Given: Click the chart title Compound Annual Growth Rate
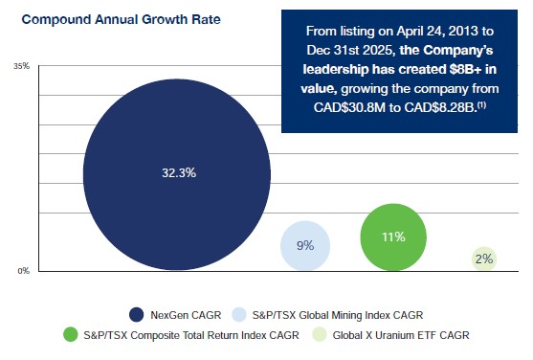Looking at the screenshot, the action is [x=121, y=19].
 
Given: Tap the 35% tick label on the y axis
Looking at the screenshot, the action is [x=21, y=66].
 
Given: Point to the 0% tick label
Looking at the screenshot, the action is [x=24, y=271].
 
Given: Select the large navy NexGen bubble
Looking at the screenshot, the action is [x=177, y=174].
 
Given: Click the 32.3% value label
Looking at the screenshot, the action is [x=179, y=173].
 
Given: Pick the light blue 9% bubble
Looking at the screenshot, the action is [x=305, y=246].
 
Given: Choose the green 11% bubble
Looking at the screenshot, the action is [x=393, y=236].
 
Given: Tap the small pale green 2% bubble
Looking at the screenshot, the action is [x=484, y=259].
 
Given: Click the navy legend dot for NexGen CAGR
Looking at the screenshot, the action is [x=136, y=315].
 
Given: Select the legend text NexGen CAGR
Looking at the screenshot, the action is [x=186, y=315].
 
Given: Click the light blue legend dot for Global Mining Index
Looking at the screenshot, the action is [x=239, y=315].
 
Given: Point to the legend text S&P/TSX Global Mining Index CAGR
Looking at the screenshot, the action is [x=338, y=315].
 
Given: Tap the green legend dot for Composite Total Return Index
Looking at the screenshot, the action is [x=71, y=335].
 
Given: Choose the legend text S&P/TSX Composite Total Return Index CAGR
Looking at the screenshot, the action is [x=191, y=335].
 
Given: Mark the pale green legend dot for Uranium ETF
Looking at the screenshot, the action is [x=320, y=335].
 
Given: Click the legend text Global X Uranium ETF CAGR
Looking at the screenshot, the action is [x=401, y=335].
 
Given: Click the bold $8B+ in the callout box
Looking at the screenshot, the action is [x=465, y=69].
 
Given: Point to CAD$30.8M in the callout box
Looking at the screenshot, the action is [x=349, y=107].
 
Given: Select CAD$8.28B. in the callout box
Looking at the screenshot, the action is [x=440, y=107].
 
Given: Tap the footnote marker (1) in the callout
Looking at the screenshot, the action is [x=481, y=104].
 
